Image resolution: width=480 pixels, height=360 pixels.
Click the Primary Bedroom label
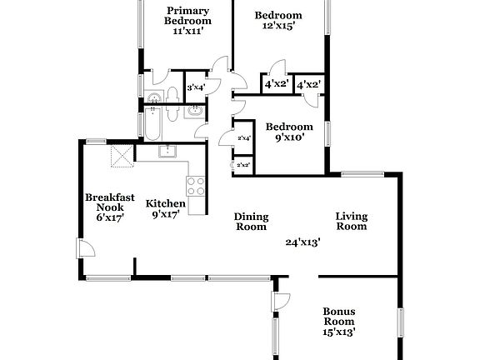point(187,15)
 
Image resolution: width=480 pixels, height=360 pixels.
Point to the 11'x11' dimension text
point(187,31)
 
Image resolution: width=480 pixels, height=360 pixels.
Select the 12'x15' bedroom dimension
point(277,26)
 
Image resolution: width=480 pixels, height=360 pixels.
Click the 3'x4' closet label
point(196,87)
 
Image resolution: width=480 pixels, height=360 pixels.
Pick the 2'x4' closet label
point(244,138)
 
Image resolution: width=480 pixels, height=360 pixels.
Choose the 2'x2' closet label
point(244,165)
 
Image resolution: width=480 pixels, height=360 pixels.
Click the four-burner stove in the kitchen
point(196,186)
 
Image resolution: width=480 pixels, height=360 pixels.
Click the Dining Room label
point(250,221)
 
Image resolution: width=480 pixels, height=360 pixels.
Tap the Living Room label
point(351,221)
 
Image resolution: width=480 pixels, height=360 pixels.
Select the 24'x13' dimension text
point(303,242)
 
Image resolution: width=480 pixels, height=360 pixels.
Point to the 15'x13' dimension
point(339,332)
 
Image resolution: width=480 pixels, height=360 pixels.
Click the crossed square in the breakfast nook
point(122,156)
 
